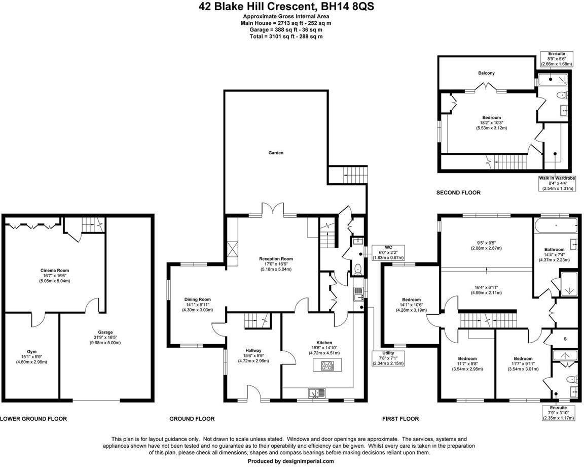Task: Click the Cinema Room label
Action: click(55, 271)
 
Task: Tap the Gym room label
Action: click(32, 351)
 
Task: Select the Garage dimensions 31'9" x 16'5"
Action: click(105, 337)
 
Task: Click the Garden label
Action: click(276, 152)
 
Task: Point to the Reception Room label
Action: click(276, 259)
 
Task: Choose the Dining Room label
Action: click(197, 299)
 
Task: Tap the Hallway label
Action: click(253, 351)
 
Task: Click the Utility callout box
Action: click(388, 358)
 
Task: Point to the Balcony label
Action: click(486, 73)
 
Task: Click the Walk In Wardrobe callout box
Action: click(557, 183)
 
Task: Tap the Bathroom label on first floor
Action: click(554, 250)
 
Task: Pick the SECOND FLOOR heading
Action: click(458, 193)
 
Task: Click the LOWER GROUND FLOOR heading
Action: click(33, 419)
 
